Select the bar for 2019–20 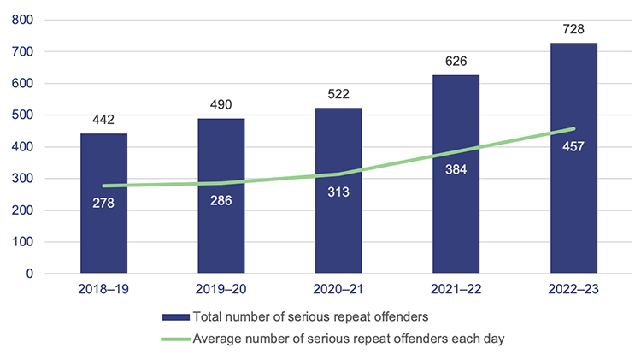221,222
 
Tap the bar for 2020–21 338,222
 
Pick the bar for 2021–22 456,214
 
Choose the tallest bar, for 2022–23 573,205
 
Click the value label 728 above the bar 573,30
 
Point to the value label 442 103,121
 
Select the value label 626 456,62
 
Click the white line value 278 103,203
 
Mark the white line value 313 338,192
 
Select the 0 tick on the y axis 29,274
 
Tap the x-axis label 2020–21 338,290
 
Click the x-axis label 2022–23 573,290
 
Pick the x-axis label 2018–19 103,290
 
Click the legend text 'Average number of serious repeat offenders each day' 350,339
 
